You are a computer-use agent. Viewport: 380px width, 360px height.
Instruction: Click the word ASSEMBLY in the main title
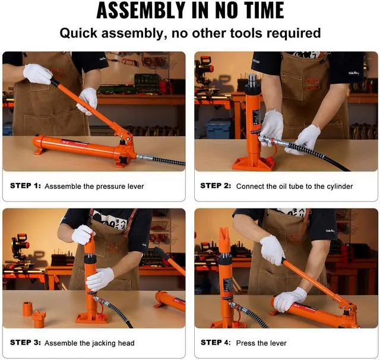coord(141,10)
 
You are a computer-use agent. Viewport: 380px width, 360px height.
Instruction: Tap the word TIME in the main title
coord(264,10)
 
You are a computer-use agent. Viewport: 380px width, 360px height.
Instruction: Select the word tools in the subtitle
coord(246,33)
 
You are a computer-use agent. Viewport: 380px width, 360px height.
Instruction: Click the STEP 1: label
coord(26,186)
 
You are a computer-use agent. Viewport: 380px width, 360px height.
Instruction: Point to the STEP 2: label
coord(216,186)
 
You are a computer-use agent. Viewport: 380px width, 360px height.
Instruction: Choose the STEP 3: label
coord(26,343)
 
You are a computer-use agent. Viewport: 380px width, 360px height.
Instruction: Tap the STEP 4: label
coord(216,343)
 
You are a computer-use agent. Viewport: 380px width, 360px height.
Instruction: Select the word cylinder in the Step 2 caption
coord(340,186)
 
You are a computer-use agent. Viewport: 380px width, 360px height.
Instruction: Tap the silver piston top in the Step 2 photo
coord(252,80)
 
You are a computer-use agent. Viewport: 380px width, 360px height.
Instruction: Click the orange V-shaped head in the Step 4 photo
coord(226,240)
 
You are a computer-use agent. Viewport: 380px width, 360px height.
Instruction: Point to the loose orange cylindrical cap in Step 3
coord(27,308)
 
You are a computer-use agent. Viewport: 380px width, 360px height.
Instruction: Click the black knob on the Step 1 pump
coord(124,160)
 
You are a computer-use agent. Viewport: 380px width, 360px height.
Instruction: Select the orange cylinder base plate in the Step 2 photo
coord(254,164)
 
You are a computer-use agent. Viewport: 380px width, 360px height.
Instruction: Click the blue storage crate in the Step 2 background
coord(218,128)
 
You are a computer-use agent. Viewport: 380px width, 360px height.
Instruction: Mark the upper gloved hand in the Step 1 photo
coord(38,74)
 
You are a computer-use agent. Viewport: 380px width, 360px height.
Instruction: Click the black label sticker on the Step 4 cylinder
coord(228,285)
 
